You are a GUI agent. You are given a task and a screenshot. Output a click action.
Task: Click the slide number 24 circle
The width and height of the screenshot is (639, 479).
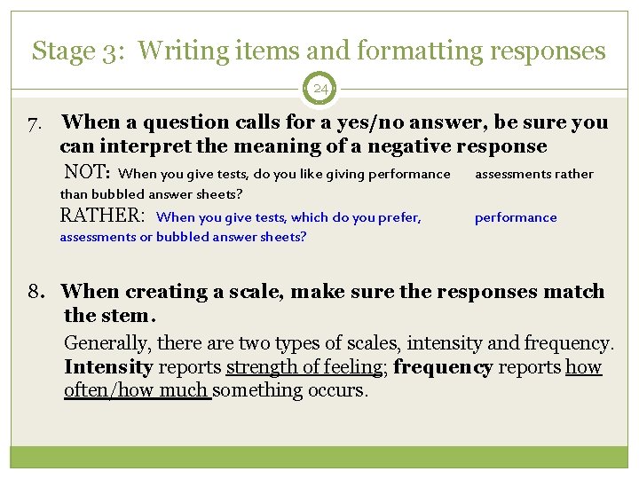320,89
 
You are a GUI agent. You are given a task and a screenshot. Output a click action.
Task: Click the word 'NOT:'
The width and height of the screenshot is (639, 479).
87,172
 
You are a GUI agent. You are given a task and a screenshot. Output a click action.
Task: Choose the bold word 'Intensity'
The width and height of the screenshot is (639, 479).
108,367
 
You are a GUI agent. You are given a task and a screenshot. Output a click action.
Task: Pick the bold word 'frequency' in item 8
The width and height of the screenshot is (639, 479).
442,367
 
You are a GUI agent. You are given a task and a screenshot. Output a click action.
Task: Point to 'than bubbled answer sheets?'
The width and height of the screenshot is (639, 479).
151,194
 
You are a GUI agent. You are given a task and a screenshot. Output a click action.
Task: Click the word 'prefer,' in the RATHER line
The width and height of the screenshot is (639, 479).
398,217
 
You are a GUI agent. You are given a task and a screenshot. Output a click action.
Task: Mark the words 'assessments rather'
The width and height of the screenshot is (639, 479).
533,174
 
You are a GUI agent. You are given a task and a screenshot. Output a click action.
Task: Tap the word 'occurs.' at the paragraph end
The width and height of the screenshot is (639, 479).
336,390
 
